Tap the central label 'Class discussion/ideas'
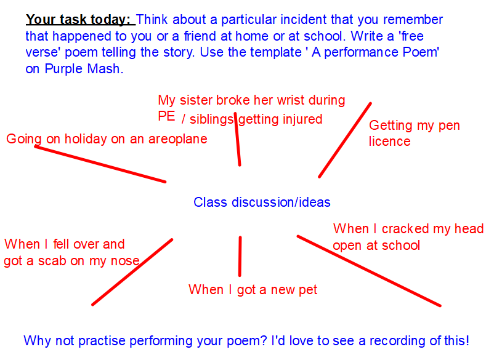[x=262, y=202]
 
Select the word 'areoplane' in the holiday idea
[x=177, y=139]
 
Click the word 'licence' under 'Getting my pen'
[x=389, y=142]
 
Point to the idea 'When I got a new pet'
[x=253, y=290]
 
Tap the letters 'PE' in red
[x=166, y=116]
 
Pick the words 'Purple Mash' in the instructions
[x=82, y=68]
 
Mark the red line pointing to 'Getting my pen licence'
[x=345, y=140]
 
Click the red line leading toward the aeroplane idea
[x=100, y=164]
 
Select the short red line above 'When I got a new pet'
[x=240, y=256]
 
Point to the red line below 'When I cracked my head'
[x=368, y=270]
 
